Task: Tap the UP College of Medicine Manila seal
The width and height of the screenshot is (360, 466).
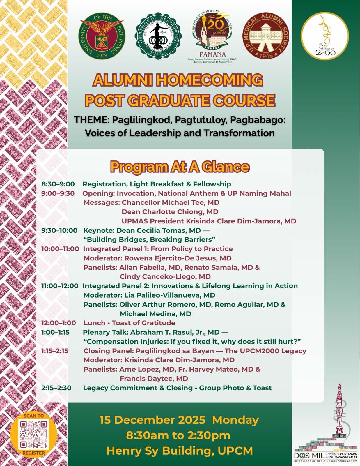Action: coord(158,36)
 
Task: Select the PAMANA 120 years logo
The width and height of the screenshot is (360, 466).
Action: coord(212,36)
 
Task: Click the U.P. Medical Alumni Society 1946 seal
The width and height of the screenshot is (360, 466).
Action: coord(266,36)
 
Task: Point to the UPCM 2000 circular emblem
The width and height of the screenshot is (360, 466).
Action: coord(325,36)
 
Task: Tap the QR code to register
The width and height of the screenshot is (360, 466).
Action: coord(33,434)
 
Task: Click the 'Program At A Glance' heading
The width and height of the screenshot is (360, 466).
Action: coord(180,167)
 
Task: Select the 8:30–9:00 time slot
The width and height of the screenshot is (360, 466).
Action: coord(58,184)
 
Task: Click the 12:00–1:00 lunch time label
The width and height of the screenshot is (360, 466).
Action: coord(58,323)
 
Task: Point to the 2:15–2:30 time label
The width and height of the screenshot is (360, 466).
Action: coord(56,388)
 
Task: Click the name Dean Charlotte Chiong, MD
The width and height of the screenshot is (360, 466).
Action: coord(170,212)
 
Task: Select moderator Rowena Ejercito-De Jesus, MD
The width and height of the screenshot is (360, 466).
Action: coord(178,258)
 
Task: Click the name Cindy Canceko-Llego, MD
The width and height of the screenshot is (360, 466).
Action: coord(165,277)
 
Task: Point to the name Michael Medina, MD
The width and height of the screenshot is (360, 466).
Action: coord(155,314)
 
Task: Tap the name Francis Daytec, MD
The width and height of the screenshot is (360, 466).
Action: coord(154,379)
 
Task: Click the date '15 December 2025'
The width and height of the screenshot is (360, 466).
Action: coord(152,420)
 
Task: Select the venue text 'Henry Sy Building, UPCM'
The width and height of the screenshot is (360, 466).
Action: coord(180,451)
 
